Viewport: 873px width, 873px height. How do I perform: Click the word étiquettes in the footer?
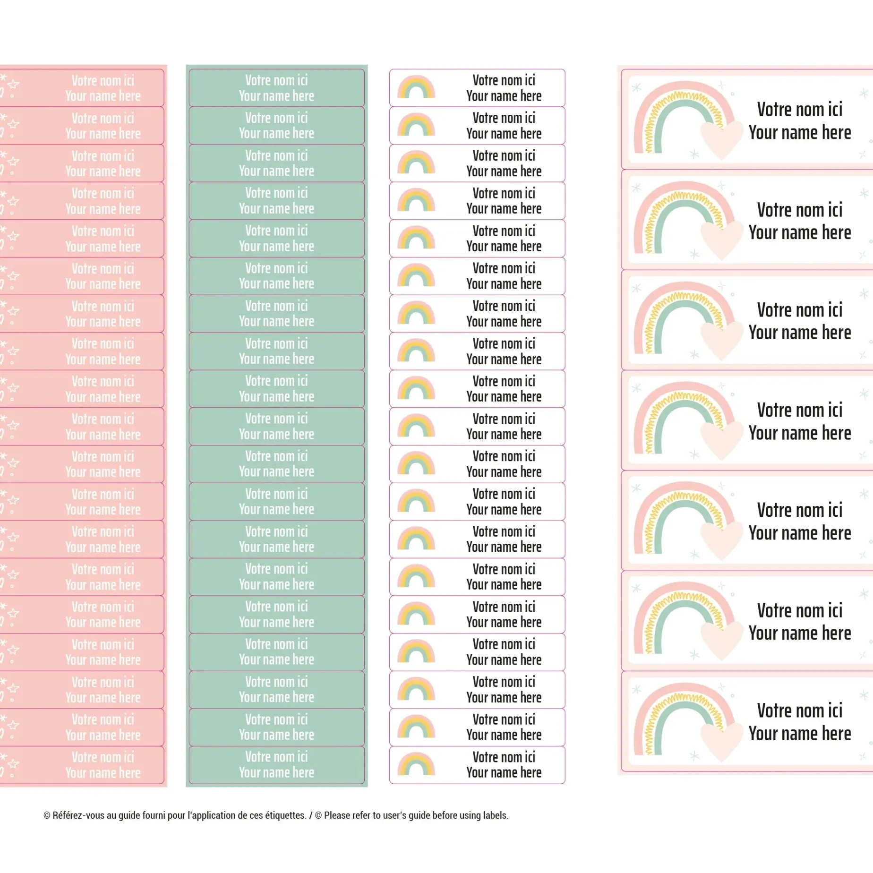pyautogui.click(x=285, y=815)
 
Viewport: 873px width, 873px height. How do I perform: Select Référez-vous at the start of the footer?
pyautogui.click(x=73, y=815)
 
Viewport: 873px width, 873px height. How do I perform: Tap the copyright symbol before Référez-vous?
pyautogui.click(x=47, y=815)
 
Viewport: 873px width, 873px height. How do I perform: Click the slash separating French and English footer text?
pyautogui.click(x=310, y=815)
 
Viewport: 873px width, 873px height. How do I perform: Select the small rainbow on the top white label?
pyautogui.click(x=416, y=88)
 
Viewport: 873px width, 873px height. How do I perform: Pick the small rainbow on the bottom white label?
pyautogui.click(x=416, y=764)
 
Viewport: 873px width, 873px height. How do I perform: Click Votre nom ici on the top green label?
pyautogui.click(x=276, y=80)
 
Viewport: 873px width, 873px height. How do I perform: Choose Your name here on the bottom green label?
pyautogui.click(x=276, y=772)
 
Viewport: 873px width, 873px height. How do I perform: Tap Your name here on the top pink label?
pyautogui.click(x=103, y=96)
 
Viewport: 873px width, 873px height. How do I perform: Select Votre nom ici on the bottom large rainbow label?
pyautogui.click(x=800, y=710)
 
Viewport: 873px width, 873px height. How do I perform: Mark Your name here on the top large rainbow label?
pyautogui.click(x=800, y=133)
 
